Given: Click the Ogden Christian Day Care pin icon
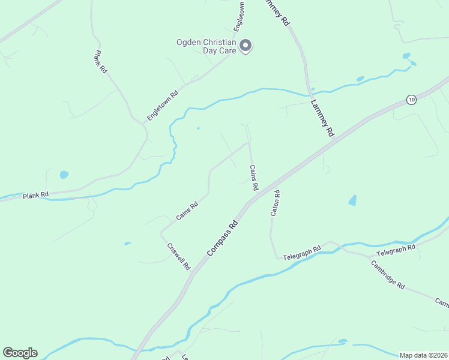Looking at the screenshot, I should pyautogui.click(x=245, y=45).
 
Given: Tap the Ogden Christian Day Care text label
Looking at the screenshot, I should pyautogui.click(x=206, y=46).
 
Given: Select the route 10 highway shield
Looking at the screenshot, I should pyautogui.click(x=411, y=100).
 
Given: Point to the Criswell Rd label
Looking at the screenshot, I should pyautogui.click(x=179, y=256).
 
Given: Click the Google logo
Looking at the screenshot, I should pyautogui.click(x=20, y=353).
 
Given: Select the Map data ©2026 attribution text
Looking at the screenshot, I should pyautogui.click(x=423, y=355).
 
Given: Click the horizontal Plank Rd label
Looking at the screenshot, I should pyautogui.click(x=35, y=196).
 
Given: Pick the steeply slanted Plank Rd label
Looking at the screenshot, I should pyautogui.click(x=100, y=62).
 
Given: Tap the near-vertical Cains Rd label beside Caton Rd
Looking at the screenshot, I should pyautogui.click(x=253, y=178).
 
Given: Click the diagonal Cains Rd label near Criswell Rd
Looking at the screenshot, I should pyautogui.click(x=187, y=211).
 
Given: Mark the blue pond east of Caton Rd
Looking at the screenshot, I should pyautogui.click(x=352, y=200).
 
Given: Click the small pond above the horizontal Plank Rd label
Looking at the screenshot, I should pyautogui.click(x=64, y=175).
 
